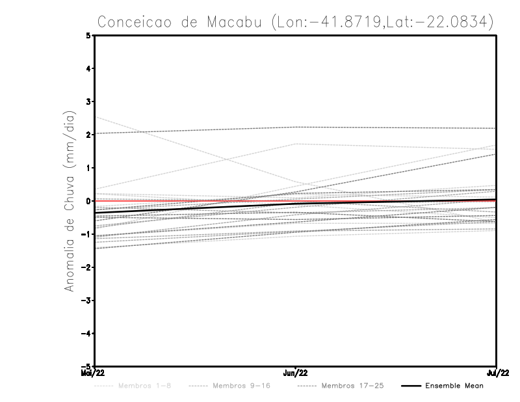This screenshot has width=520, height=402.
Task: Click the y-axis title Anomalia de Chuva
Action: [x=70, y=201]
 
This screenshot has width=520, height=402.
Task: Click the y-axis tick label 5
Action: [x=89, y=35]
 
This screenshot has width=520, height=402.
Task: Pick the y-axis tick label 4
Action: [x=89, y=68]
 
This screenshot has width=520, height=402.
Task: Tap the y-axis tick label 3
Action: [x=89, y=101]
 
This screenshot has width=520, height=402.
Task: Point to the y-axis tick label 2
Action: [x=89, y=135]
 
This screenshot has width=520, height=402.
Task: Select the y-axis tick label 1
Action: [x=89, y=168]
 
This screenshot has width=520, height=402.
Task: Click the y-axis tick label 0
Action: [x=89, y=201]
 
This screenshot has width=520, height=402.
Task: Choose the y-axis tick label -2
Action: [x=87, y=267]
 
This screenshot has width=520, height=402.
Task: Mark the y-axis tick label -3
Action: [x=87, y=301]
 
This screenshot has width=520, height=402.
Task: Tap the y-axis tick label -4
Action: [x=87, y=334]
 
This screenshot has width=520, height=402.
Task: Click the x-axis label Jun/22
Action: [x=296, y=373]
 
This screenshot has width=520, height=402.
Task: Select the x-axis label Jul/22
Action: [x=497, y=373]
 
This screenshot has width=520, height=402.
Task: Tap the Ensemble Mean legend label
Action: [x=454, y=386]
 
